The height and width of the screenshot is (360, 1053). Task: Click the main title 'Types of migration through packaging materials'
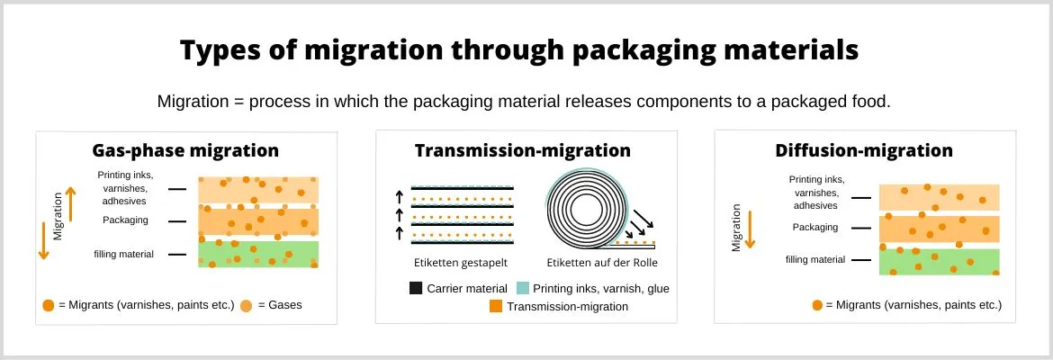[x=518, y=50]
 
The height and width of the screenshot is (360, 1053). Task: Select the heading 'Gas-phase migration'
[x=185, y=150]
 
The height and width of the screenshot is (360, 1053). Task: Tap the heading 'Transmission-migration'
[x=522, y=150]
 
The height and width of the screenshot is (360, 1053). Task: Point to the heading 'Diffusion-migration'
[x=864, y=150]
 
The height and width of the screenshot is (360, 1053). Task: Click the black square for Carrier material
[x=416, y=289]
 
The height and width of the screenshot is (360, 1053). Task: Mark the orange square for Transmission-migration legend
[x=495, y=307]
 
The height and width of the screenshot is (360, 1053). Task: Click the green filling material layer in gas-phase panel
[x=258, y=254]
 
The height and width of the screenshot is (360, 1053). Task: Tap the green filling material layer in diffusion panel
[x=939, y=261]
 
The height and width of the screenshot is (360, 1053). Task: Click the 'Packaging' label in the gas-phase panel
[x=125, y=220]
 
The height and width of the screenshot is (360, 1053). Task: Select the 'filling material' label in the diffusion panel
[x=815, y=259]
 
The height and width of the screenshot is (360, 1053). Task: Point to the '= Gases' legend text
[x=280, y=305]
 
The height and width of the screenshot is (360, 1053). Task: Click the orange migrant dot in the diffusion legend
[x=817, y=305]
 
